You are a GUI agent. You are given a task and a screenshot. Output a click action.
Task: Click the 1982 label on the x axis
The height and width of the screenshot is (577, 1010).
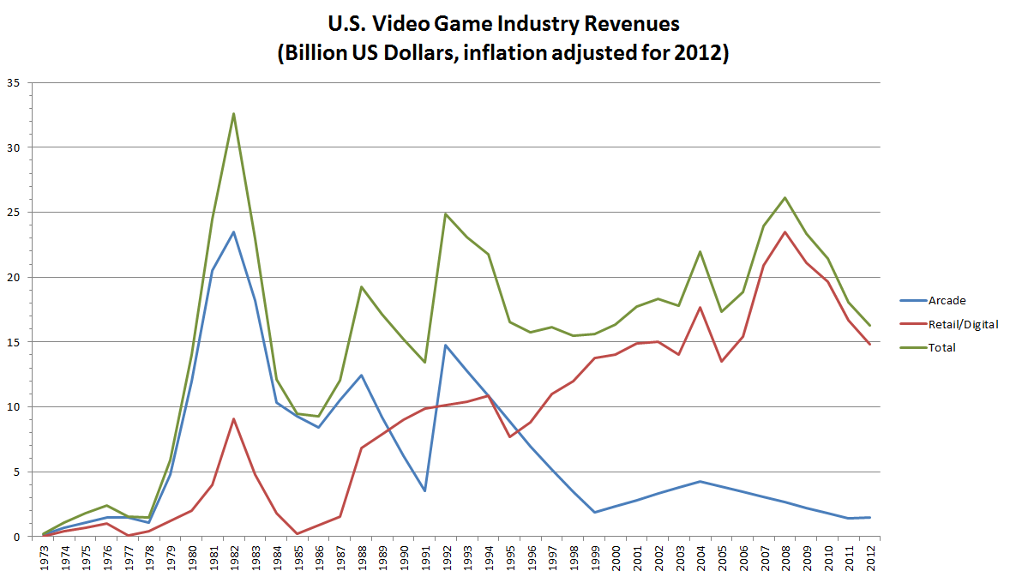click(233, 557)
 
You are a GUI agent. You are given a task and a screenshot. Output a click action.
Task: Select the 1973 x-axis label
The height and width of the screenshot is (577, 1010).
click(44, 557)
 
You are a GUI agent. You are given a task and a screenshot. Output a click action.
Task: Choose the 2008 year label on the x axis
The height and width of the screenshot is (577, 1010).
click(785, 557)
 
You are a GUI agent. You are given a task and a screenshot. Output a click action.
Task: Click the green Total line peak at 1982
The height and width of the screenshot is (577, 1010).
click(233, 113)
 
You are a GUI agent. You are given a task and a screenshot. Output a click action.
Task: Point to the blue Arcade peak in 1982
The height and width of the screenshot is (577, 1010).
click(233, 231)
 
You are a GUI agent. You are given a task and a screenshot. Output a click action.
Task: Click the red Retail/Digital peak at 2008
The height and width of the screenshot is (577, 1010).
click(785, 231)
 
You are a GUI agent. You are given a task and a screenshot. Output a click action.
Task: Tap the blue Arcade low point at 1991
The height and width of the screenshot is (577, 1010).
click(424, 490)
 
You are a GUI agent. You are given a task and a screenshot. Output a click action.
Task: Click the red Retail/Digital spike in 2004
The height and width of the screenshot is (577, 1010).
click(700, 307)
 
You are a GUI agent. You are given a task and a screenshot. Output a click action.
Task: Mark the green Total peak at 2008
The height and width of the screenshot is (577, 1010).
click(785, 197)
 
